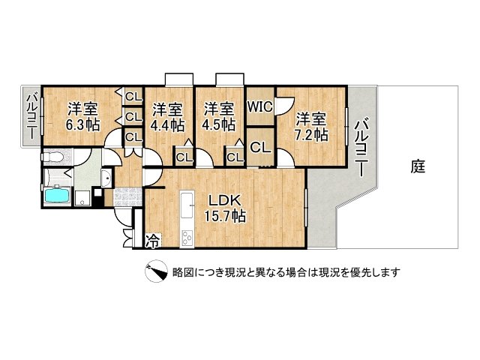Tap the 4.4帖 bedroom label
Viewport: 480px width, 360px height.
[x=166, y=116]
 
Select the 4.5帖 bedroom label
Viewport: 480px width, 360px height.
[x=219, y=116]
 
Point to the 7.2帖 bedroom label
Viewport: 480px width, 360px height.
[x=310, y=125]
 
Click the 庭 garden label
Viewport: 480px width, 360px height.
[x=418, y=166]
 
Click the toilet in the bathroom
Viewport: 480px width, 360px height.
[x=52, y=158]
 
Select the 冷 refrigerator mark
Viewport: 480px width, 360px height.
[x=152, y=241]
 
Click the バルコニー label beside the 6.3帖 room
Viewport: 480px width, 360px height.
[x=32, y=116]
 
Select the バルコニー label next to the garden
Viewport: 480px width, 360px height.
[x=361, y=146]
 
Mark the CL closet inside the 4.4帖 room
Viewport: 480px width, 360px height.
[x=183, y=157]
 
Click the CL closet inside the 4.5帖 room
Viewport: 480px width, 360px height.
[x=234, y=157]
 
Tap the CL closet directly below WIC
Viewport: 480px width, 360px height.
[x=260, y=148]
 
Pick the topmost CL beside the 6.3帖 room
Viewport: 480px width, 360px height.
[x=133, y=96]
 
